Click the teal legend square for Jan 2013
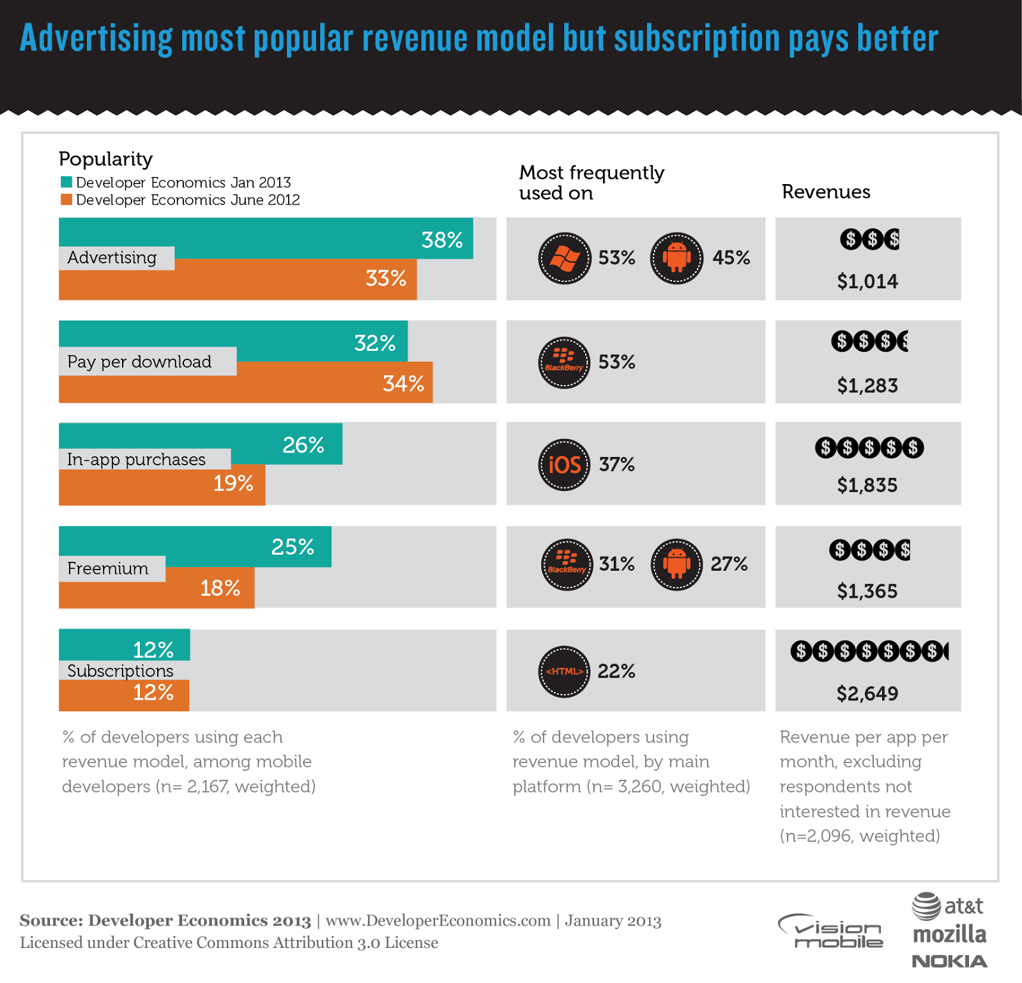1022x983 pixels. (x=66, y=182)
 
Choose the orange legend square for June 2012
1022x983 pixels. (x=66, y=199)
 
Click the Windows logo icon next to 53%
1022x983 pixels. (x=565, y=258)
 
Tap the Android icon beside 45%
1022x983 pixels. (x=676, y=258)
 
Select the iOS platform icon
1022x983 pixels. (x=564, y=465)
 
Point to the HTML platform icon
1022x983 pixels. (x=564, y=671)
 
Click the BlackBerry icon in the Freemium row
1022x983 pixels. (x=567, y=564)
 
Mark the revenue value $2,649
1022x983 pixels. (x=867, y=693)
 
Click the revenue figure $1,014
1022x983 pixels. (x=867, y=281)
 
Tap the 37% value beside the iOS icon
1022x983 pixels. (x=617, y=465)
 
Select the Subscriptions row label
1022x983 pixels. (x=120, y=671)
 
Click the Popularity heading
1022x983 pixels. (x=105, y=159)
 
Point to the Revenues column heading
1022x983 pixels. (x=826, y=192)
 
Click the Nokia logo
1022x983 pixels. (x=949, y=961)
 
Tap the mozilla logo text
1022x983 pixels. (x=949, y=934)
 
